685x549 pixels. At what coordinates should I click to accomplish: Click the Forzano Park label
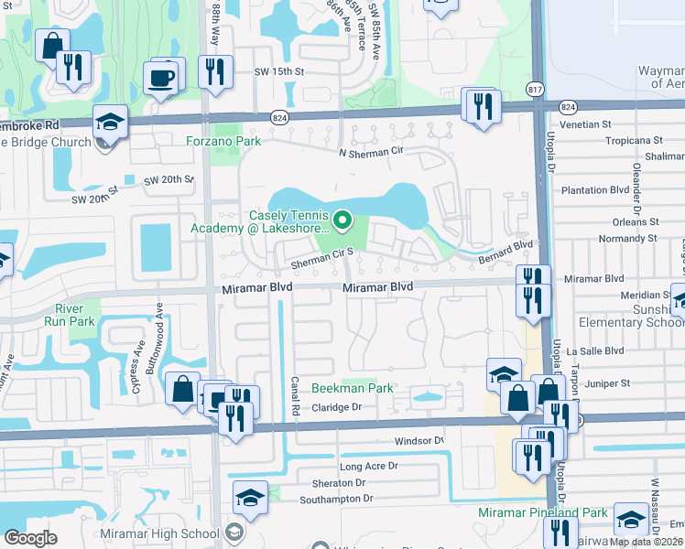(x=223, y=141)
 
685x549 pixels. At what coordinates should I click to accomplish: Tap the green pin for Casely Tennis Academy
(x=342, y=220)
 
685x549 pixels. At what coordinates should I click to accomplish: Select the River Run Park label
(x=74, y=315)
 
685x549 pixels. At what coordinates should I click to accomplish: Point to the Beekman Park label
(x=353, y=388)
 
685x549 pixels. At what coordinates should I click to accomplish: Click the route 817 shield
(x=535, y=89)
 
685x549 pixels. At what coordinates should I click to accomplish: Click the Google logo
(x=30, y=538)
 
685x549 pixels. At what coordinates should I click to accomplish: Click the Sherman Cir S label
(x=321, y=264)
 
